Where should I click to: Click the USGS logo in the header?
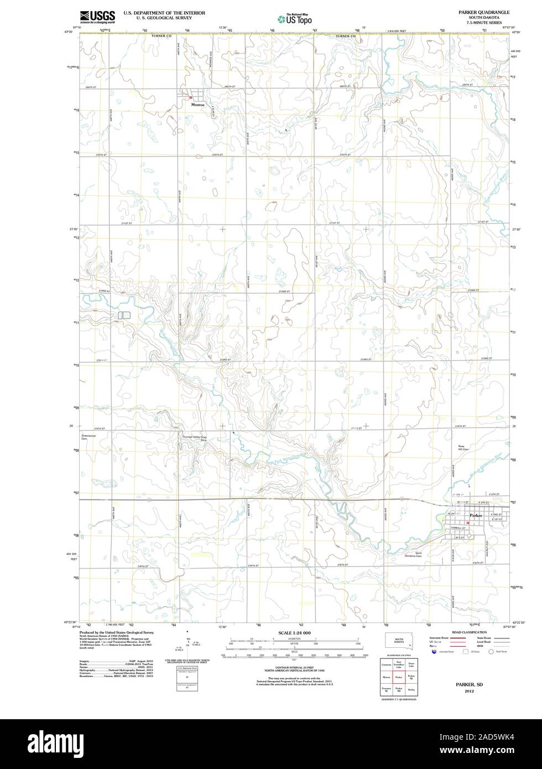coord(97,16)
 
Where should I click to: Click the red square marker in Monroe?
coord(191,97)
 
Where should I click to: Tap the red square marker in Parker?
coord(468,522)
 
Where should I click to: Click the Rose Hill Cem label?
coord(463,446)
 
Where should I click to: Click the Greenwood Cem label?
coord(88,436)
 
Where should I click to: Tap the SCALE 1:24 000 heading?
coord(294,632)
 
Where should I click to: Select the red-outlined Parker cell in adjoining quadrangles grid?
coord(398,677)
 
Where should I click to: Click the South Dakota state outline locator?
coord(399,642)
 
